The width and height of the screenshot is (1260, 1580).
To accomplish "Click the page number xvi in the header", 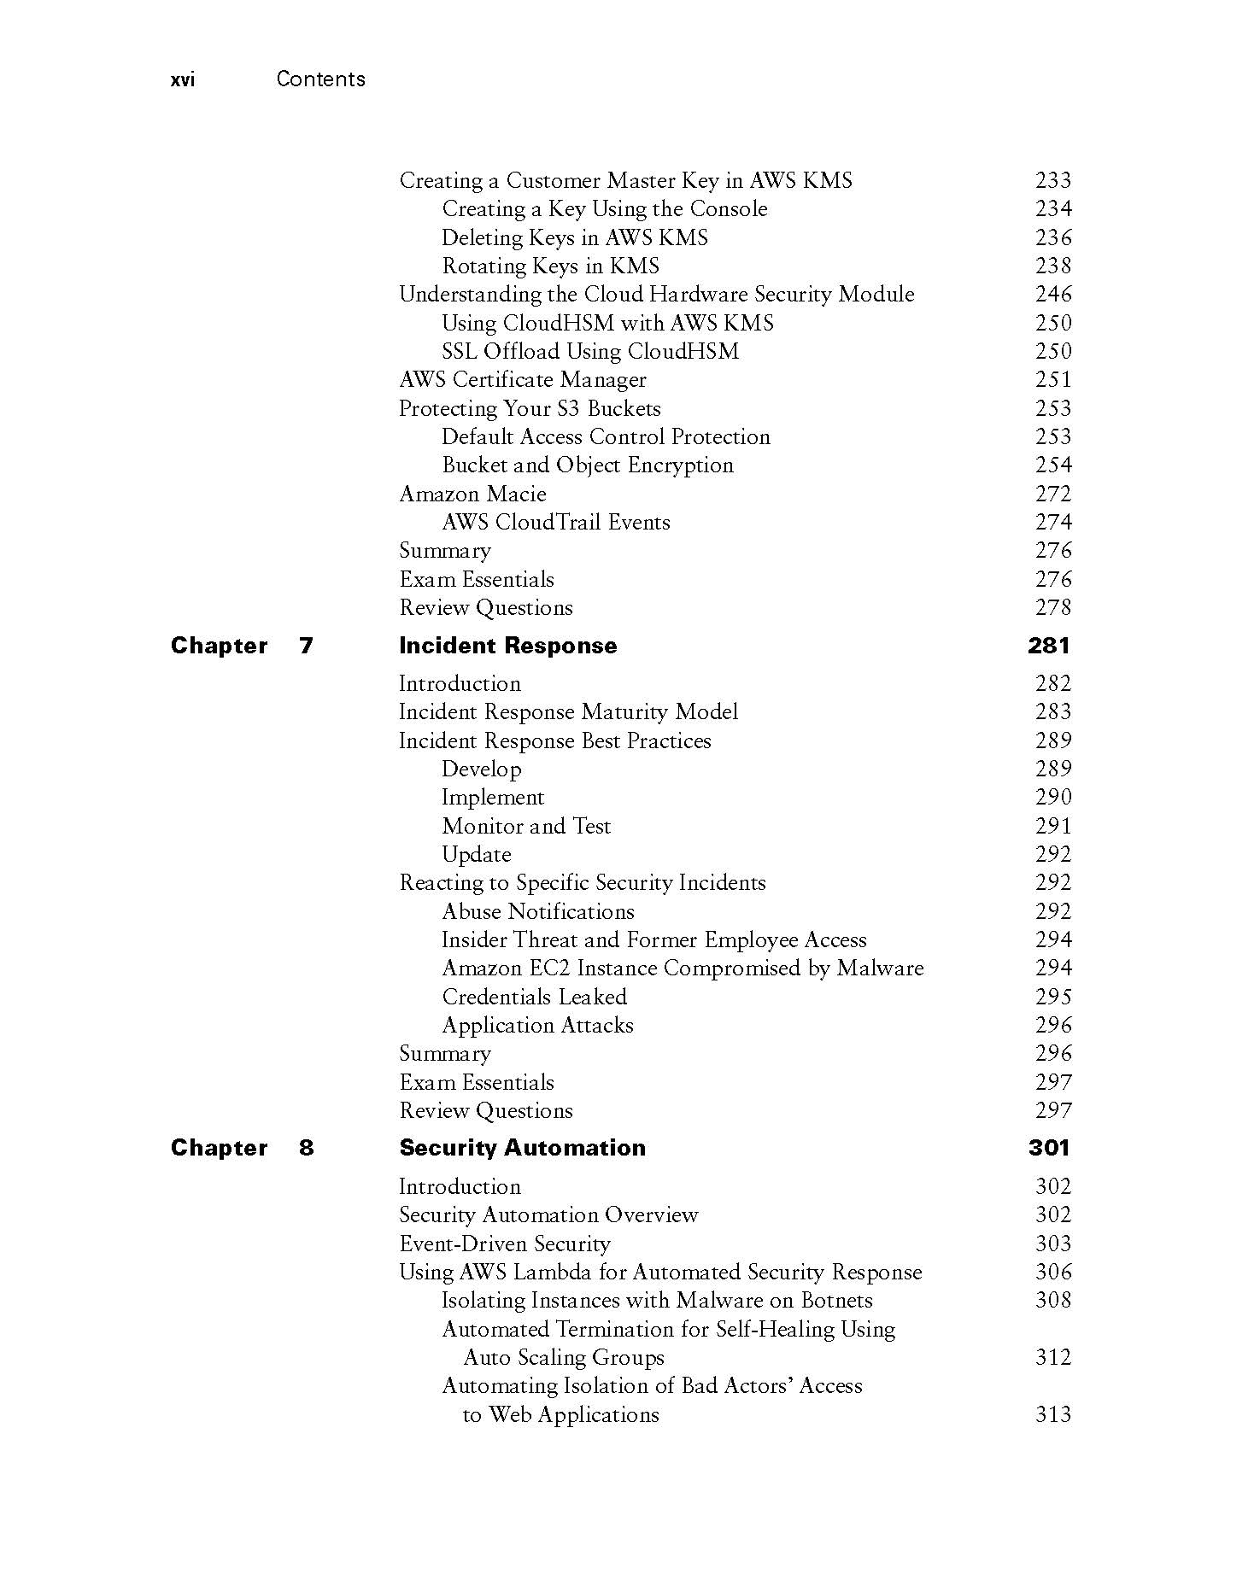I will pos(183,80).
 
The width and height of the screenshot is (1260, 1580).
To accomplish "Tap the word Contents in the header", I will pos(320,79).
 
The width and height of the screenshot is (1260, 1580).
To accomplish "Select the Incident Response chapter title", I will pos(507,646).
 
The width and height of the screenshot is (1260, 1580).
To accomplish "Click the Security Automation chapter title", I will pos(522,1148).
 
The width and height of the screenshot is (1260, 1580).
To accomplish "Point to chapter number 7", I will pos(306,646).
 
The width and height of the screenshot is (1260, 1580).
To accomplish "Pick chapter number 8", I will pos(306,1148).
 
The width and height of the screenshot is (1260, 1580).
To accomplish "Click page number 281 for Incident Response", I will pos(1048,646).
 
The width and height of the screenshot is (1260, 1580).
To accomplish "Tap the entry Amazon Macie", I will pos(472,494).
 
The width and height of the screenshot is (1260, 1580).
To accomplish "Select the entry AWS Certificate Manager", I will pos(523,380).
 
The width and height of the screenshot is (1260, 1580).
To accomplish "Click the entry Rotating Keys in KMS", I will pos(550,266).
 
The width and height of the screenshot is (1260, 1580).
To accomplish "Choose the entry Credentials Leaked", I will pos(534,997).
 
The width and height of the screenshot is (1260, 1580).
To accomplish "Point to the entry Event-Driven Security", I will pos(505,1244).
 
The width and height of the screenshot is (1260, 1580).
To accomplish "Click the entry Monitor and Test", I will pos(526,826).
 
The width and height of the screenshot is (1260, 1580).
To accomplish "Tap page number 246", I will pos(1052,295).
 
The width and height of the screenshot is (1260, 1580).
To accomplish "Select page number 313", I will pos(1052,1414).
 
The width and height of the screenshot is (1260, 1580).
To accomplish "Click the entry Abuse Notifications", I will pos(538,911).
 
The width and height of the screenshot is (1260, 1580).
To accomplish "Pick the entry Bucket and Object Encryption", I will pos(588,465).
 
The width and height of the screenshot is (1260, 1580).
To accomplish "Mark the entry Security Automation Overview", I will pos(548,1215).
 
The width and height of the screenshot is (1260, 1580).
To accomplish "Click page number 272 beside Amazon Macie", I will pos(1052,494).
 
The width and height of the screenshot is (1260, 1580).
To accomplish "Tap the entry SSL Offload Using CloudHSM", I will pos(590,351).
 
